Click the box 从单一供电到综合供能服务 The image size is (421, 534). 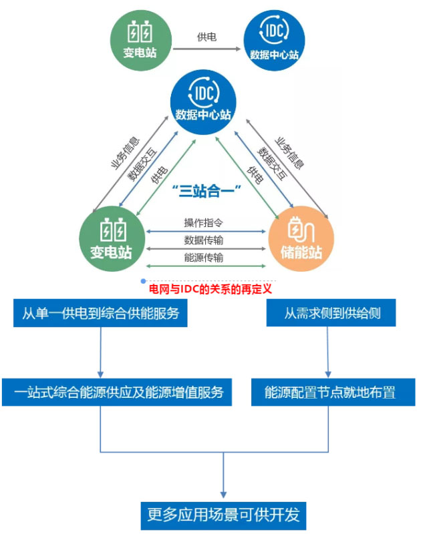point(100,312)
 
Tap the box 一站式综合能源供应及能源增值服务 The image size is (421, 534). point(117,392)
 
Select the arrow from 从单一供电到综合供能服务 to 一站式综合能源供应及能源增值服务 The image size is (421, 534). point(100,352)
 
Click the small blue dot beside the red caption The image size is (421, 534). point(143,280)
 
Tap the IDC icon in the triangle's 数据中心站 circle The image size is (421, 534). point(204,92)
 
